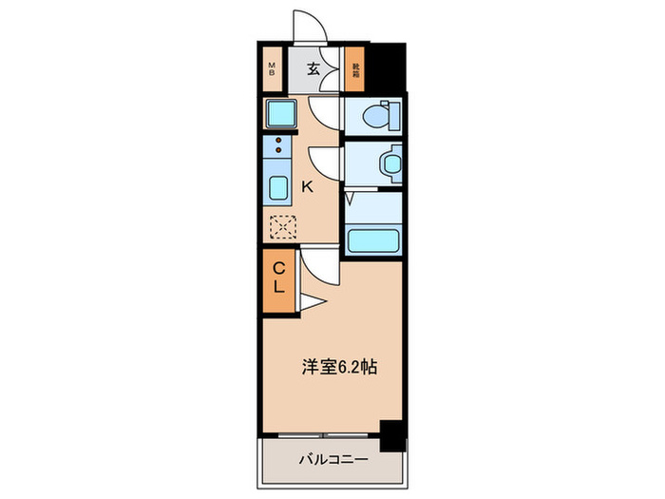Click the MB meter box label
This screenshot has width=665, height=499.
(x=272, y=68)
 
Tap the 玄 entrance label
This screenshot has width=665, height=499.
(x=313, y=68)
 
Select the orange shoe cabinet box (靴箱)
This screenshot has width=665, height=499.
(x=355, y=68)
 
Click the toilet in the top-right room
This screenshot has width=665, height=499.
(x=387, y=115)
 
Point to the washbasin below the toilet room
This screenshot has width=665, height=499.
(x=387, y=163)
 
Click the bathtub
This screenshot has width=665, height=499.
(x=373, y=238)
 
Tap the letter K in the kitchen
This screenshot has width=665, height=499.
(x=307, y=187)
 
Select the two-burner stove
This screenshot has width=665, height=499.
(x=278, y=146)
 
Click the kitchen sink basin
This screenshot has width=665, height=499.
(x=278, y=186)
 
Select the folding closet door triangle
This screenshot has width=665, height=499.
(x=313, y=302)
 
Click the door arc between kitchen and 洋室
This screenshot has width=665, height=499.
(x=317, y=262)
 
